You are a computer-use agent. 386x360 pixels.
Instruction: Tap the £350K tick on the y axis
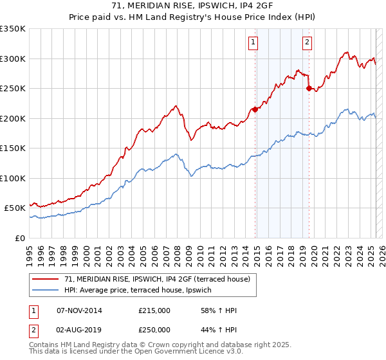(x=13, y=29)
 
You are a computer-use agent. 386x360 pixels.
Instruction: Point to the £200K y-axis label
(x=13, y=118)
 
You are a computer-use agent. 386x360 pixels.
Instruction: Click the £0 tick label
(x=19, y=238)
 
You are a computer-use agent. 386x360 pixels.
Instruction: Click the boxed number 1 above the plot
(x=253, y=43)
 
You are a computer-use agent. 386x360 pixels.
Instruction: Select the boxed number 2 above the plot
(x=307, y=43)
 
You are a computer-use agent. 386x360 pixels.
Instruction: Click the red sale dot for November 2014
(x=255, y=109)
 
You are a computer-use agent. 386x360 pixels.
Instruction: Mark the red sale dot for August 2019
(x=309, y=88)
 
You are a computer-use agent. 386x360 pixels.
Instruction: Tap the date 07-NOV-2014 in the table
(x=79, y=311)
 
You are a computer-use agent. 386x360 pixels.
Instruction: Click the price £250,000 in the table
(x=154, y=330)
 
